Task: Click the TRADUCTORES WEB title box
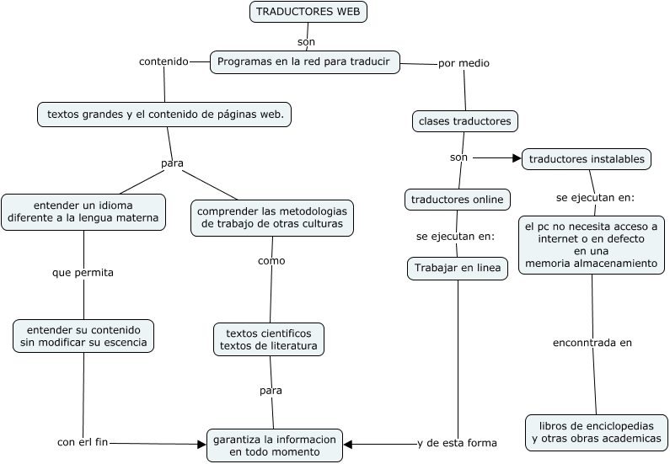tap(309, 12)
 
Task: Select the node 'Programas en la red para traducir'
tap(304, 62)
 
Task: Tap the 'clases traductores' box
tap(464, 121)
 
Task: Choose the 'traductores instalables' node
tap(587, 158)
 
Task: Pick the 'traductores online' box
tap(457, 200)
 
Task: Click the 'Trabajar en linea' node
tap(457, 269)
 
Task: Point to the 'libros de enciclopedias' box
tap(596, 433)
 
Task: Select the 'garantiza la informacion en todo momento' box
tap(275, 445)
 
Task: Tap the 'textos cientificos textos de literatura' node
tap(269, 339)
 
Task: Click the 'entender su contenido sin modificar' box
tap(83, 336)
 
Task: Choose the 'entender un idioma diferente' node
tap(83, 211)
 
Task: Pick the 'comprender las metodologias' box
tap(271, 217)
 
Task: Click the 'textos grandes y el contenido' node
tap(164, 115)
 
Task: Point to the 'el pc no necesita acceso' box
tap(591, 245)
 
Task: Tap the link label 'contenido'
tap(163, 61)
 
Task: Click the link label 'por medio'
tap(464, 63)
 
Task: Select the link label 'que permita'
tap(83, 273)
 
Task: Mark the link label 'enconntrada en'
tap(592, 343)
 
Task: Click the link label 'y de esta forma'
tap(457, 443)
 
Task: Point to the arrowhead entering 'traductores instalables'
tap(517, 157)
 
